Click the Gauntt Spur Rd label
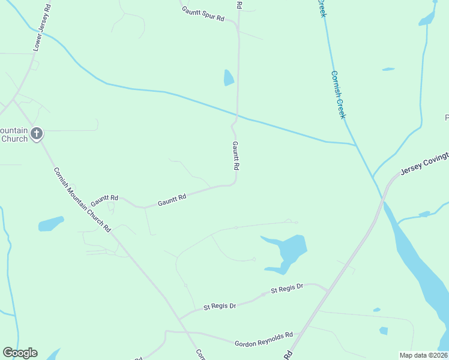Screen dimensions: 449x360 (203, 14)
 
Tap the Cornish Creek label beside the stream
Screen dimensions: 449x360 (339, 95)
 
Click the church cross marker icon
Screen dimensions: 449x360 (37, 133)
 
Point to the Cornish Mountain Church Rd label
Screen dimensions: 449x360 (83, 199)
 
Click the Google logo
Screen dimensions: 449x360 (20, 353)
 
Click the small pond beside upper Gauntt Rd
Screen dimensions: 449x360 (228, 77)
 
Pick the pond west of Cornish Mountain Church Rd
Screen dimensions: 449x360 (51, 224)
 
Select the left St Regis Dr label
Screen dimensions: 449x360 (220, 306)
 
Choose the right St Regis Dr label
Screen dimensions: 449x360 (287, 289)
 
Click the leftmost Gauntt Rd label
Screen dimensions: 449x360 (104, 199)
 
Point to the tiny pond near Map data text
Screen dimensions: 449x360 (384, 331)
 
